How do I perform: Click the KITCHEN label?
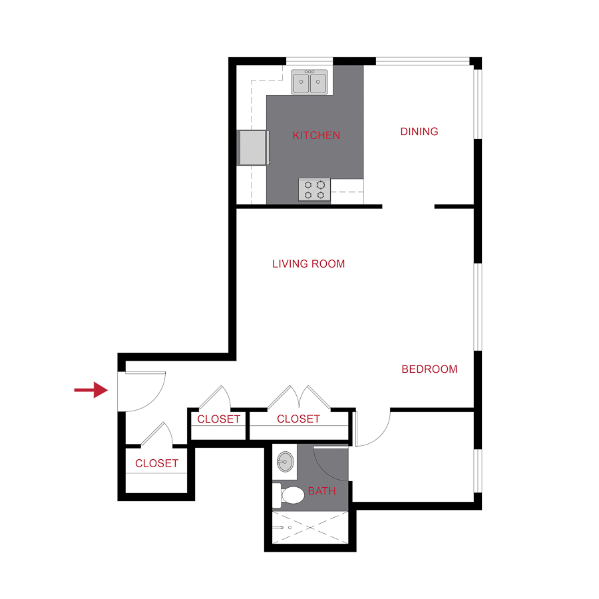point(316,135)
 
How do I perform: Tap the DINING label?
point(419,132)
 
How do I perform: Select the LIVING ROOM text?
point(309,264)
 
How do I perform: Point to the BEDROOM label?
point(429,369)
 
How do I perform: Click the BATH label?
point(321,492)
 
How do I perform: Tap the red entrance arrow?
point(91,390)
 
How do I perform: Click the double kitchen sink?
point(310,82)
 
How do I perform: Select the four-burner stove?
point(314,190)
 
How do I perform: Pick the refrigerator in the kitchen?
point(254,147)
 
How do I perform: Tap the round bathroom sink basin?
point(286,461)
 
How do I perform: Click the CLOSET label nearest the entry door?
point(156,463)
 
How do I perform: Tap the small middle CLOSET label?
point(218,419)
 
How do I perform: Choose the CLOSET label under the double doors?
point(298,419)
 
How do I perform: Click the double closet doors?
point(299,397)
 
